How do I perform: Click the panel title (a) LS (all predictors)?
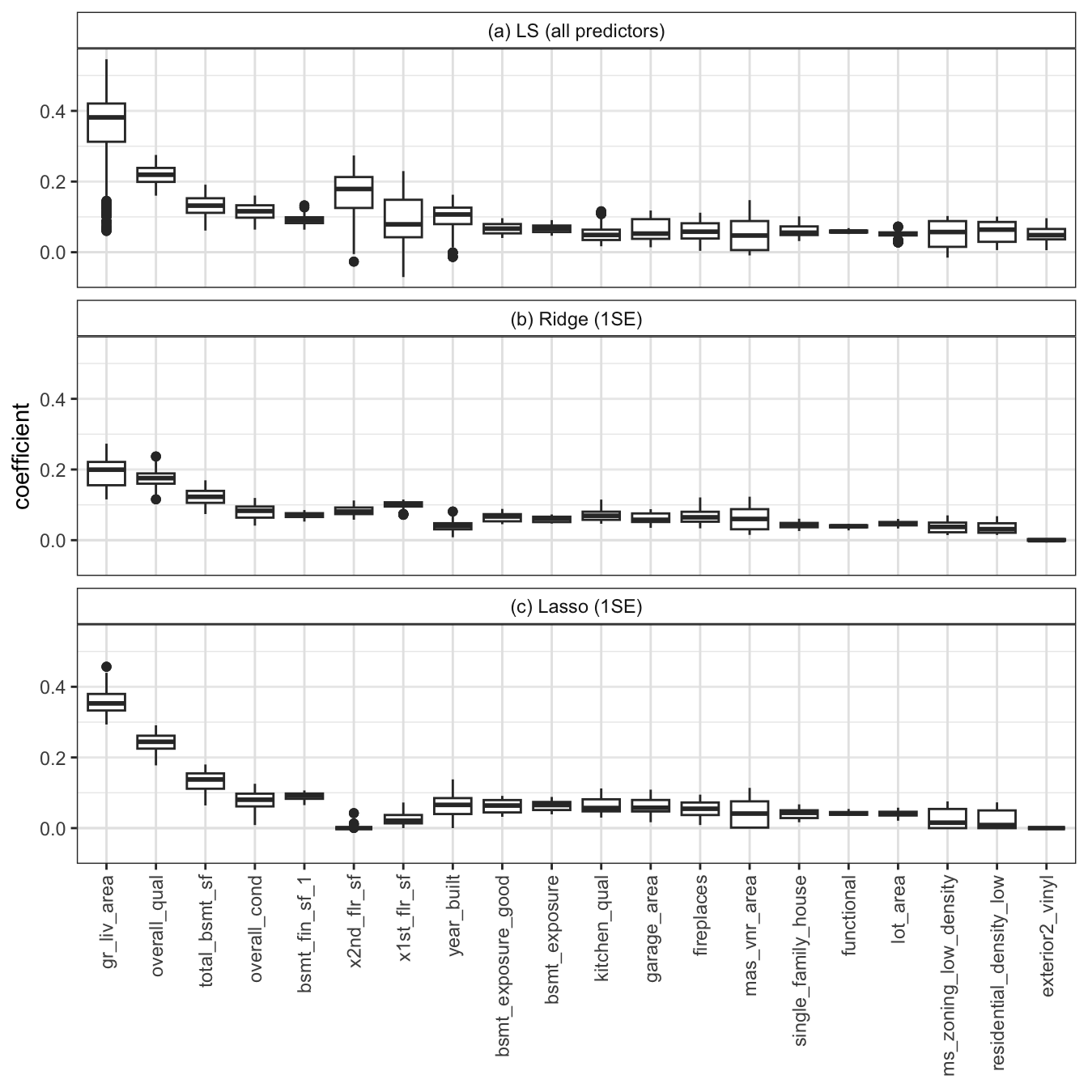pos(576,32)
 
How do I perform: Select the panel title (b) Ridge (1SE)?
pos(576,320)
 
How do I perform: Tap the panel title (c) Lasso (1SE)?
pos(576,607)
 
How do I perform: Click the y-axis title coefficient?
pos(22,456)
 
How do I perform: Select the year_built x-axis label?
pos(453,916)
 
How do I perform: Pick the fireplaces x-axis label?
pos(700,916)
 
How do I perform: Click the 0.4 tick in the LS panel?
pos(53,111)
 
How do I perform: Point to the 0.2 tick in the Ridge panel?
pos(53,470)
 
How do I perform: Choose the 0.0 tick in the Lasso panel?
pos(53,828)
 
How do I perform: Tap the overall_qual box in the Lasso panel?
pos(156,742)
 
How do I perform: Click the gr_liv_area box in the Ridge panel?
pos(106,473)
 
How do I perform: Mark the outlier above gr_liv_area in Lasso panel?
pos(106,667)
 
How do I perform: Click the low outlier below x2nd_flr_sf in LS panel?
pos(354,261)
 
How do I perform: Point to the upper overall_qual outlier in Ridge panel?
pos(156,457)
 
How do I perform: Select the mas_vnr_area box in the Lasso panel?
pos(750,814)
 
